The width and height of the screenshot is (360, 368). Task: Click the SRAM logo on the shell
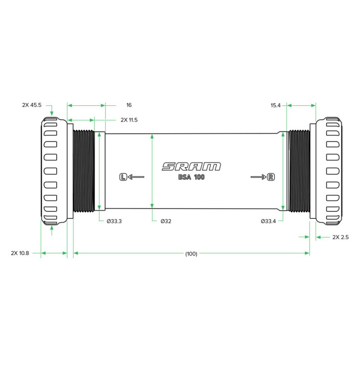[x=191, y=167]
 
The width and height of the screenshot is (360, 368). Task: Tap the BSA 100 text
[x=191, y=177]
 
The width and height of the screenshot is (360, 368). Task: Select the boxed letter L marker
[x=123, y=177]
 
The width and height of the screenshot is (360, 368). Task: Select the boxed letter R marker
[x=271, y=177]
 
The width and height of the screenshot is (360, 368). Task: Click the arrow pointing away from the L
[x=136, y=177]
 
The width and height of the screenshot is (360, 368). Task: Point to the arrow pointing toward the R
[x=259, y=177]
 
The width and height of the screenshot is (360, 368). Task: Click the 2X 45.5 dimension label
[x=32, y=105]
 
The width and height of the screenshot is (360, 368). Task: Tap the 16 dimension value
[x=129, y=105]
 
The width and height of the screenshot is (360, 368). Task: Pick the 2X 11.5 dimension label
[x=129, y=120]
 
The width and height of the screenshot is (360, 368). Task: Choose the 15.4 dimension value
[x=276, y=105]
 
